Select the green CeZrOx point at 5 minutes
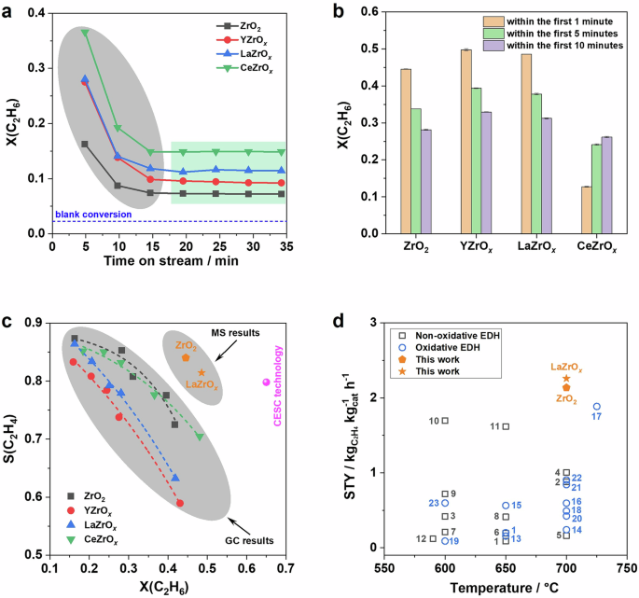85,33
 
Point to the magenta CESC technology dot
267,382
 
